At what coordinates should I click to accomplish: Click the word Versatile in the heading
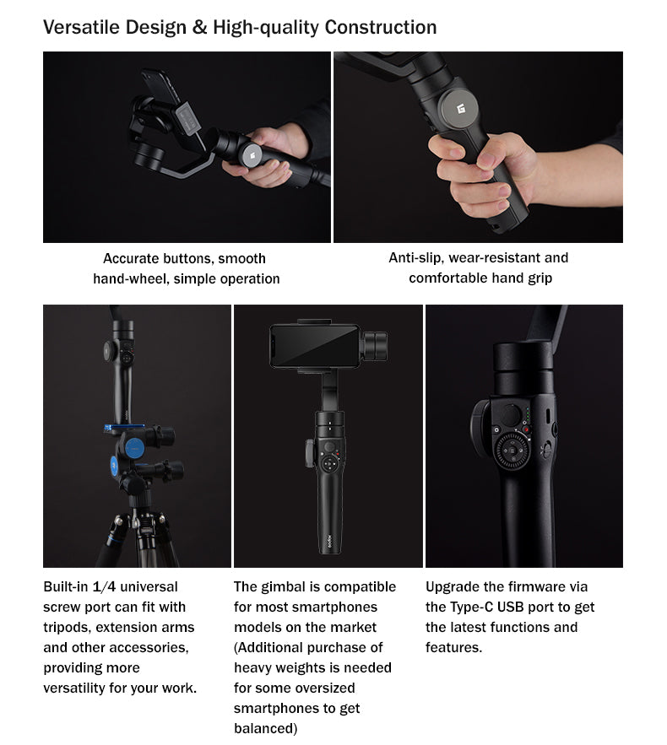click(x=77, y=27)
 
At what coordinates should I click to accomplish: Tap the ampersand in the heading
click(x=199, y=27)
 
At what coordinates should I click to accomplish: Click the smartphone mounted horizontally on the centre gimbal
click(x=314, y=345)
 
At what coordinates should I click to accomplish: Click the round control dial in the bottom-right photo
click(x=512, y=452)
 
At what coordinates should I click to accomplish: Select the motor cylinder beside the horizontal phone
click(x=375, y=345)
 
